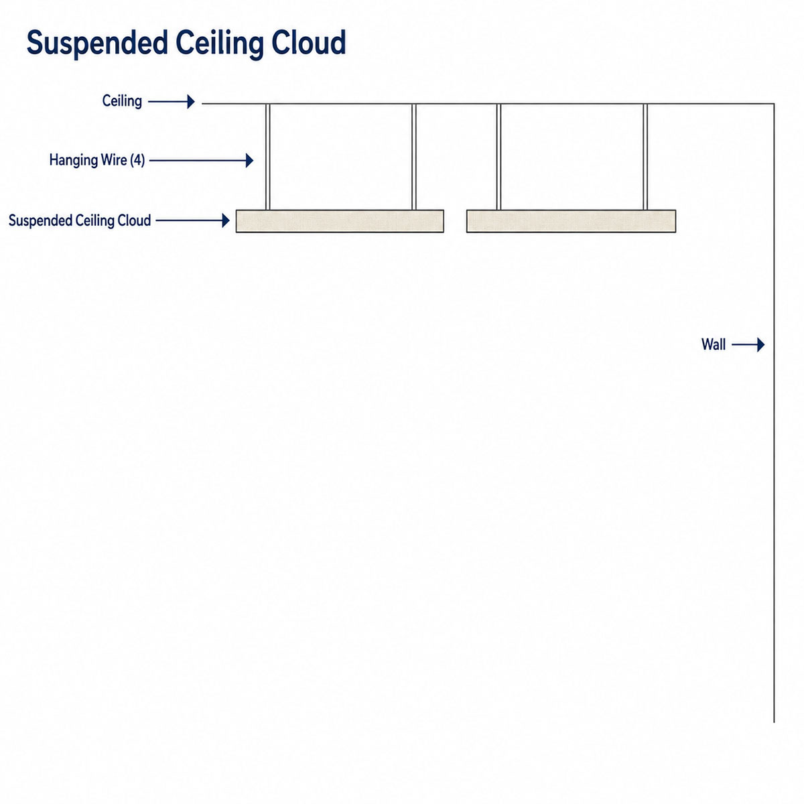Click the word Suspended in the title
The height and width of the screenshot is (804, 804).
97,43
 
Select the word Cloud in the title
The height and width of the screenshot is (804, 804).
309,43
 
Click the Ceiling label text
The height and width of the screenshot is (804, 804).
122,101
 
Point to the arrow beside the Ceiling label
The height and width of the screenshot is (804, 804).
172,101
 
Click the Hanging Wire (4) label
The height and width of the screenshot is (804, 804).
96,160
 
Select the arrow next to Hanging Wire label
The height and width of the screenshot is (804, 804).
202,160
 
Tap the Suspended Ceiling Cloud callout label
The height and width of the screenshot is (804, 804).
80,220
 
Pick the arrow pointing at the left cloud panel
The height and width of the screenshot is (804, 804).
193,220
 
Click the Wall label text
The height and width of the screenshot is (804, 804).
714,344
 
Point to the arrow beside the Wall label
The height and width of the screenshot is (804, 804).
748,344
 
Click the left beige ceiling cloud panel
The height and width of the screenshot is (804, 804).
340,221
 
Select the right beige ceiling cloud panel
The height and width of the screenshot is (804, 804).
572,221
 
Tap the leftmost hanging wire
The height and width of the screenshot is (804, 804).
267,157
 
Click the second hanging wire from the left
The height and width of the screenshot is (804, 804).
414,157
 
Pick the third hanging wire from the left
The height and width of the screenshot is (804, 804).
498,157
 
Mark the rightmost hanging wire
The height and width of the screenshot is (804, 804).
645,157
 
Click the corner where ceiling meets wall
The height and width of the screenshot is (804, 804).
774,103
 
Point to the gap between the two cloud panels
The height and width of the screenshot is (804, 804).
455,221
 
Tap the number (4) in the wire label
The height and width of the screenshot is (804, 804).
137,160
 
